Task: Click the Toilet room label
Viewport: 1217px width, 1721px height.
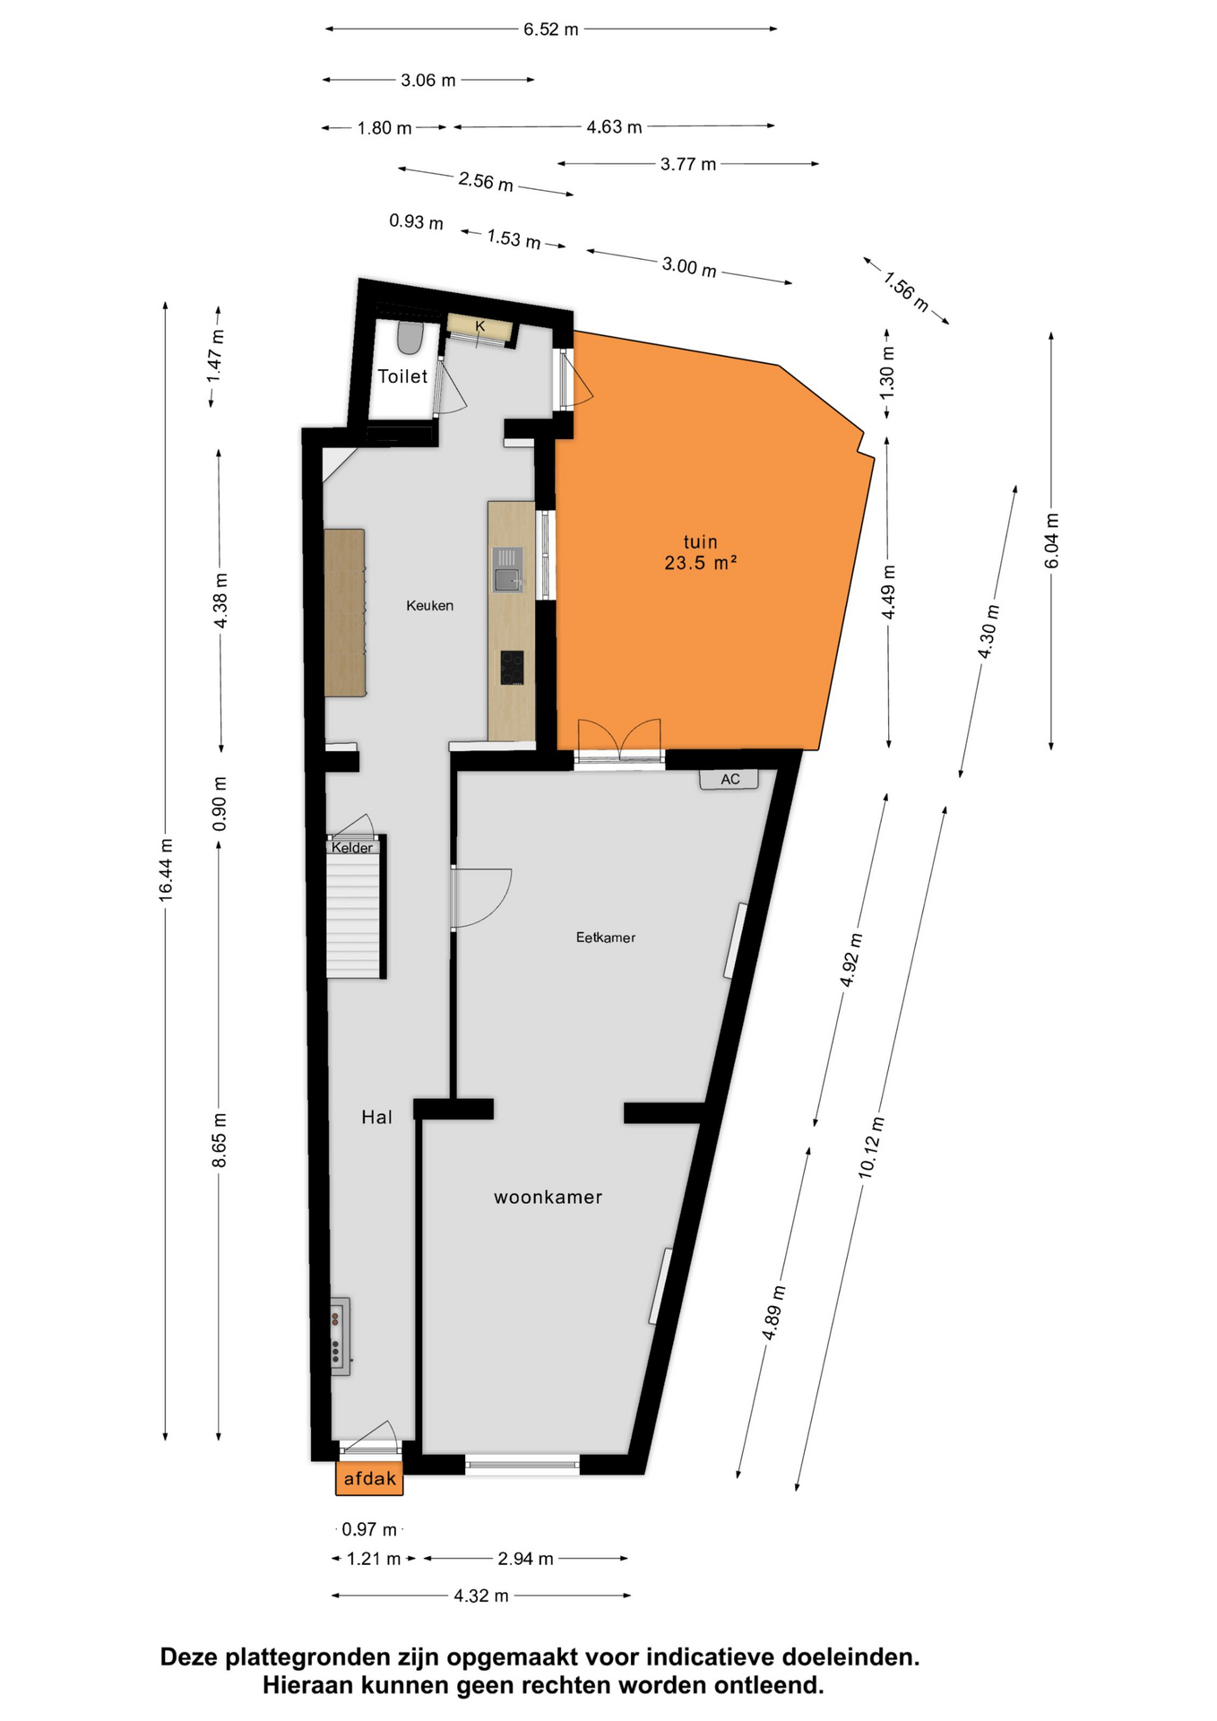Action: [402, 376]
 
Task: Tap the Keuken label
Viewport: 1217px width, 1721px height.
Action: [430, 606]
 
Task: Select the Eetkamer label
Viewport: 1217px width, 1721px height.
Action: [606, 938]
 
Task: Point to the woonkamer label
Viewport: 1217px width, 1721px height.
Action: [548, 1198]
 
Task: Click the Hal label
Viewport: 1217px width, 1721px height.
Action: [377, 1117]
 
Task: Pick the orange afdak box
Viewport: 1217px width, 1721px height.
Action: [369, 1479]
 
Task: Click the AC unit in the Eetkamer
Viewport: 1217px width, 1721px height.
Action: [729, 779]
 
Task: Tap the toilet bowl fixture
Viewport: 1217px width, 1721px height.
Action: [410, 337]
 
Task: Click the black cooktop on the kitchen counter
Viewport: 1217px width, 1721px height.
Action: [512, 668]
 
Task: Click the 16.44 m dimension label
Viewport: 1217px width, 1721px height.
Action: [166, 870]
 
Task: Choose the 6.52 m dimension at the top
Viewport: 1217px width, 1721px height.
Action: [551, 30]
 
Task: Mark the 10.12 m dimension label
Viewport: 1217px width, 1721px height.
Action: [871, 1148]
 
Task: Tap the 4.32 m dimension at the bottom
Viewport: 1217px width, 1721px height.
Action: [481, 1596]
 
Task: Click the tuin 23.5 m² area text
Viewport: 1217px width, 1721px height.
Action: [701, 552]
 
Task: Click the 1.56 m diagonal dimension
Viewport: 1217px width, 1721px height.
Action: [906, 290]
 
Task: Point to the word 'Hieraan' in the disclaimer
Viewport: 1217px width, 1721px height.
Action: [307, 1685]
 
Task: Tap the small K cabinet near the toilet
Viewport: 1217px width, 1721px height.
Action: [480, 327]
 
